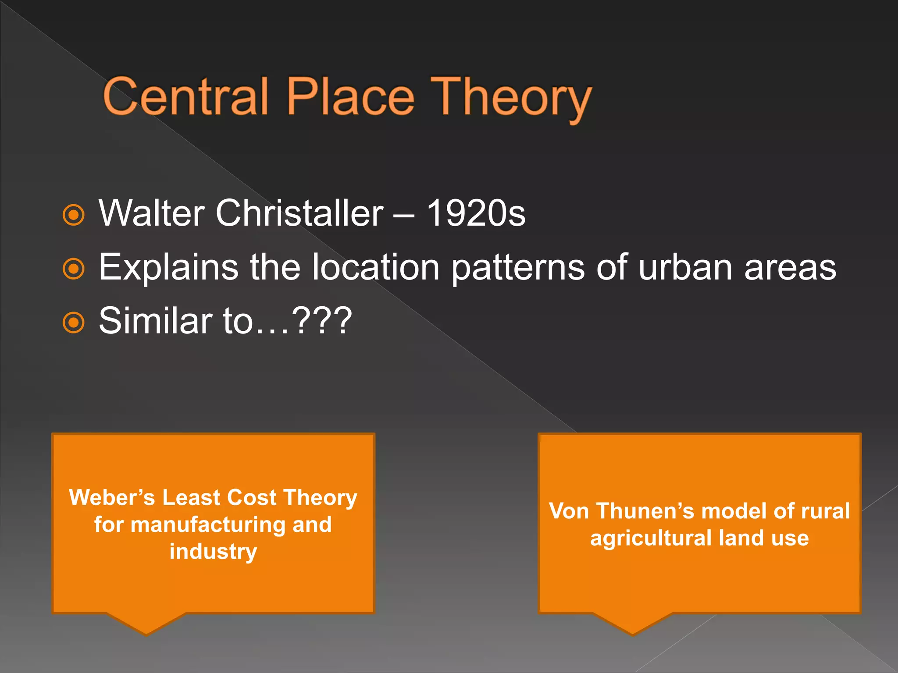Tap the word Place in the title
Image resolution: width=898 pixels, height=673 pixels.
click(x=350, y=96)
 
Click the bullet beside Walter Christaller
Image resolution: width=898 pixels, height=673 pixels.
click(x=73, y=215)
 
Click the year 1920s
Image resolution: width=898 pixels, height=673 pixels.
click(x=476, y=213)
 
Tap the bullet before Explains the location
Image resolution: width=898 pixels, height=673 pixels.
click(x=73, y=269)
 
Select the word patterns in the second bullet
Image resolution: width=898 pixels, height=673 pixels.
click(x=518, y=268)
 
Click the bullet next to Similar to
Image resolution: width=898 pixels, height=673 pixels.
click(x=73, y=323)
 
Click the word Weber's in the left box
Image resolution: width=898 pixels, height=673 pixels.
click(x=112, y=498)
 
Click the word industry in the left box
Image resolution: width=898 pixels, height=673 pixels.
click(x=213, y=552)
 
